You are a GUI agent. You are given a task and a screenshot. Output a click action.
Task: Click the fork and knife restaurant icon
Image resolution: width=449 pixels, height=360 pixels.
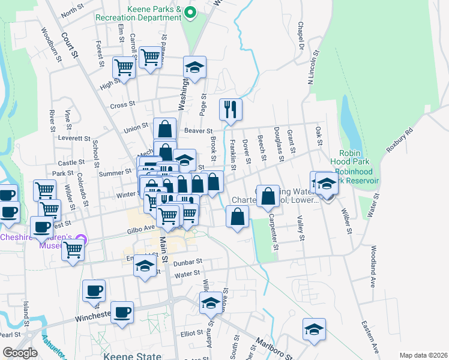click(231, 109)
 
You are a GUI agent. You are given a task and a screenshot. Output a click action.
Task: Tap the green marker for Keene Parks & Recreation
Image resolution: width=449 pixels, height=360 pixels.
click(190, 12)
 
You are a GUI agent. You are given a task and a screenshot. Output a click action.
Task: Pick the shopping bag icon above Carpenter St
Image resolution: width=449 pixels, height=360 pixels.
click(268, 196)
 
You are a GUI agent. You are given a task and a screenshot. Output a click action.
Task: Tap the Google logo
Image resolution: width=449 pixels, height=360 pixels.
click(20, 353)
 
